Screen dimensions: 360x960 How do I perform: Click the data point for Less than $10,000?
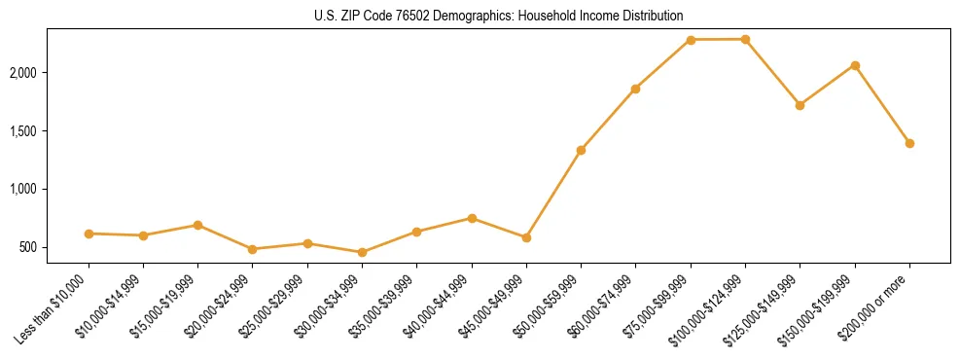pos(89,234)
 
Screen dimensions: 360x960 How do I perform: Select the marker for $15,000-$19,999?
pos(197,225)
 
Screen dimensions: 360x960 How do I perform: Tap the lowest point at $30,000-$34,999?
pos(362,252)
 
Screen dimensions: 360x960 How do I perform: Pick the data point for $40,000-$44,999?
pos(472,218)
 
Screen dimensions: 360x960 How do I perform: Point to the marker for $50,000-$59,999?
pos(581,150)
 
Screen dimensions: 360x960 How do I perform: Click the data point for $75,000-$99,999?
pos(691,40)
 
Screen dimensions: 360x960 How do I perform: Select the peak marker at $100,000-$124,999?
pos(745,39)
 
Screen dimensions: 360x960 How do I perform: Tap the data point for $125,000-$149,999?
pos(800,105)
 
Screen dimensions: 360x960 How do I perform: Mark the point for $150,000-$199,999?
pos(855,65)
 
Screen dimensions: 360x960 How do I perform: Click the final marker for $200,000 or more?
pos(909,143)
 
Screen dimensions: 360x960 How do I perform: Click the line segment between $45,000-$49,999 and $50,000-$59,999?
pos(553,194)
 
